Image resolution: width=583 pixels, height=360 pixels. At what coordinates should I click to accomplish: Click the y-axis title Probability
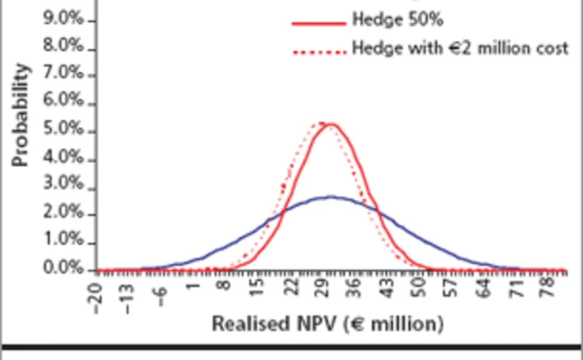tap(21, 115)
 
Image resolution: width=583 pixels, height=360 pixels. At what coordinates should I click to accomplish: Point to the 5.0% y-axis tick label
tap(69, 131)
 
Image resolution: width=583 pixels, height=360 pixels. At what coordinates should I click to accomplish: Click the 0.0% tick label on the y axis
tap(69, 270)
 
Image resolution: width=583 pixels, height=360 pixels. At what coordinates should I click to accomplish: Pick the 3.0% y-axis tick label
tap(69, 188)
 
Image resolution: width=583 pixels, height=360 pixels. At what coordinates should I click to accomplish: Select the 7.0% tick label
tap(69, 75)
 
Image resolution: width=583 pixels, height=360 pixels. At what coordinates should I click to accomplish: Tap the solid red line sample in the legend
tap(318, 23)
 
